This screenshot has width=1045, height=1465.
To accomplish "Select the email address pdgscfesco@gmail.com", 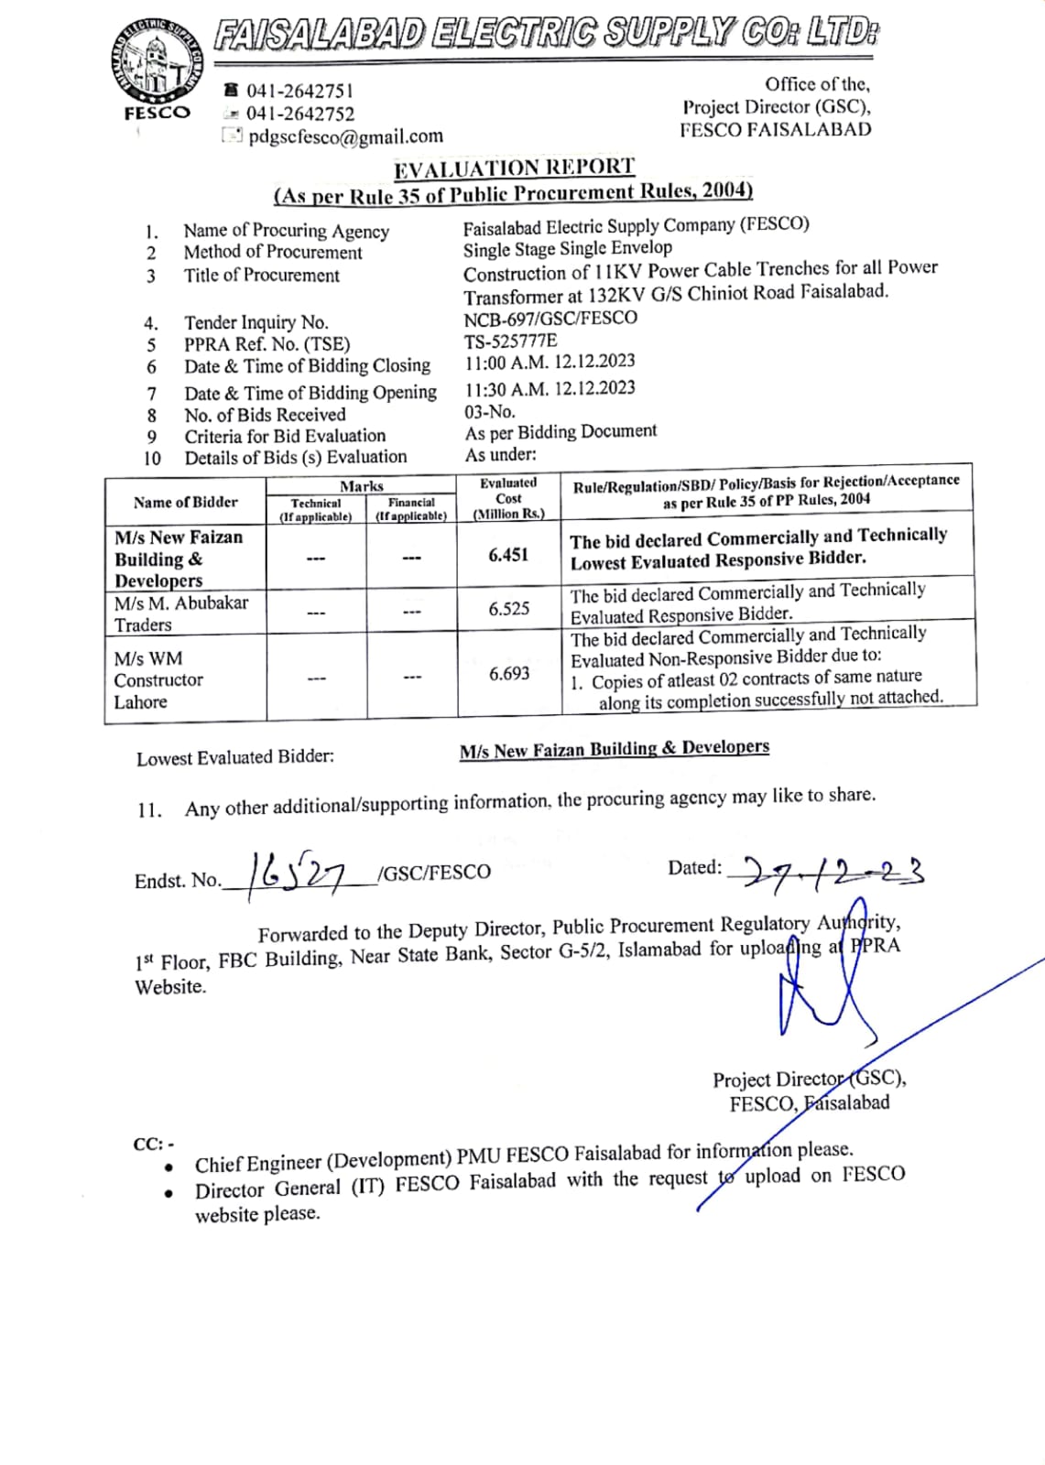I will (x=345, y=136).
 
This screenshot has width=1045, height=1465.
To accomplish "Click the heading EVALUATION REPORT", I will (x=514, y=168).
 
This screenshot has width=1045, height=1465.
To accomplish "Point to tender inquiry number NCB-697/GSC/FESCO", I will (x=550, y=318).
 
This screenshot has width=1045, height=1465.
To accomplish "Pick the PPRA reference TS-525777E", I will (x=510, y=341).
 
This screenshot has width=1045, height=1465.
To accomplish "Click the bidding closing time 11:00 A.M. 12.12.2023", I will (x=550, y=362).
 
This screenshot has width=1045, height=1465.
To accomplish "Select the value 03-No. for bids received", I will (x=490, y=412).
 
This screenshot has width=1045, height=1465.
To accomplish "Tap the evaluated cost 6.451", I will (x=508, y=554).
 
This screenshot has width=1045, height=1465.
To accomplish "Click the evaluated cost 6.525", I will (x=508, y=609).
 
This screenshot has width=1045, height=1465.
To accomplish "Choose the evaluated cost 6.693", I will (x=508, y=674).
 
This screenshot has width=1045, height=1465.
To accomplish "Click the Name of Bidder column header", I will (x=185, y=502).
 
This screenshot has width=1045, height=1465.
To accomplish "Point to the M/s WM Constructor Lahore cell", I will (x=158, y=679).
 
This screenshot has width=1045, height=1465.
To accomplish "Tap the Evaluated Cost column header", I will (x=508, y=498).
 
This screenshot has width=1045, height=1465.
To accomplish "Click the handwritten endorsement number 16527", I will (x=294, y=874).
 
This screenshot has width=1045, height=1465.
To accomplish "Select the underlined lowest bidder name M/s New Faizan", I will (x=614, y=749).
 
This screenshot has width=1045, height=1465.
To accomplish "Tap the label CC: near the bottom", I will (x=153, y=1145).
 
